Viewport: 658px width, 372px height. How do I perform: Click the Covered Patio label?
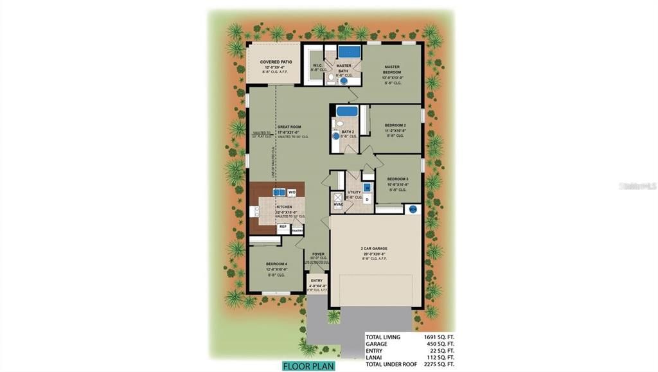tap(276, 62)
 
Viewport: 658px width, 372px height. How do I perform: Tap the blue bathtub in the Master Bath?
tap(350, 51)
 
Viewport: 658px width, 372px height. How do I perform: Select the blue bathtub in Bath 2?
tap(347, 111)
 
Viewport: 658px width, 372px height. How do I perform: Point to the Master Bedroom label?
tap(393, 69)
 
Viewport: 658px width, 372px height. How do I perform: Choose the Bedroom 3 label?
tap(398, 179)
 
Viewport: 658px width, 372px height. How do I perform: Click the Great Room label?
tap(289, 127)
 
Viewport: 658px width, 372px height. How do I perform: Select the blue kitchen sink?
tap(279, 192)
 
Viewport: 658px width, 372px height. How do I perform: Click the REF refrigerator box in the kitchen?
tap(282, 227)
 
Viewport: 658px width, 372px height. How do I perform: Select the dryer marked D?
tap(367, 199)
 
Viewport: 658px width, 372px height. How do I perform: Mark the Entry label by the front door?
tap(316, 281)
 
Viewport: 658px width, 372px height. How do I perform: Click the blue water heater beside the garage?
tap(413, 209)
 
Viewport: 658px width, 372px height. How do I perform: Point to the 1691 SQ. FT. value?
tap(439, 337)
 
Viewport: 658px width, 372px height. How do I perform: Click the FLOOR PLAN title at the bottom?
tap(308, 366)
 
